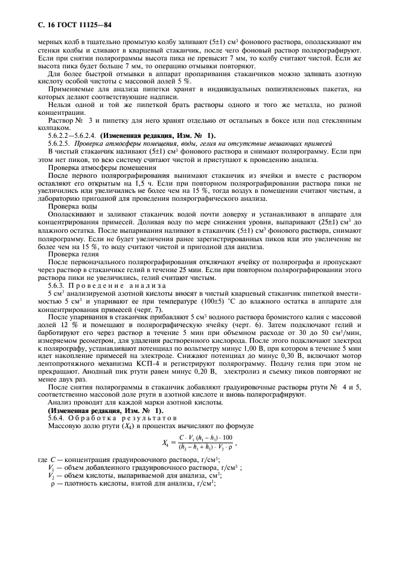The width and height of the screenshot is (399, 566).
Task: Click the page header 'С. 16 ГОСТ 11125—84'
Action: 63,25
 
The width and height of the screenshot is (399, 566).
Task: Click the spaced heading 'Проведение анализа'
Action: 109,284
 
